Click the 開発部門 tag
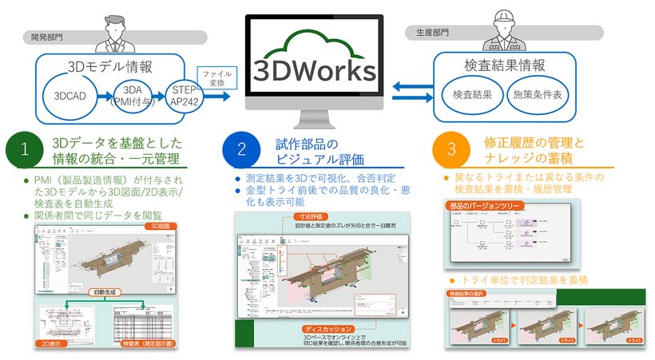pos(47,36)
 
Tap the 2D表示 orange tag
pos(54,346)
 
